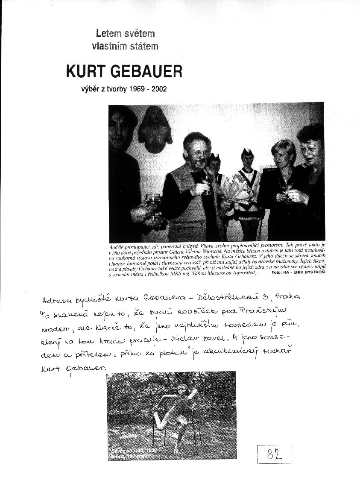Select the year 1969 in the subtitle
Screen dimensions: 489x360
click(x=134, y=90)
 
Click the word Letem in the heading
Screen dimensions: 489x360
click(x=108, y=32)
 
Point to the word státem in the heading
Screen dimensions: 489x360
click(x=144, y=46)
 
